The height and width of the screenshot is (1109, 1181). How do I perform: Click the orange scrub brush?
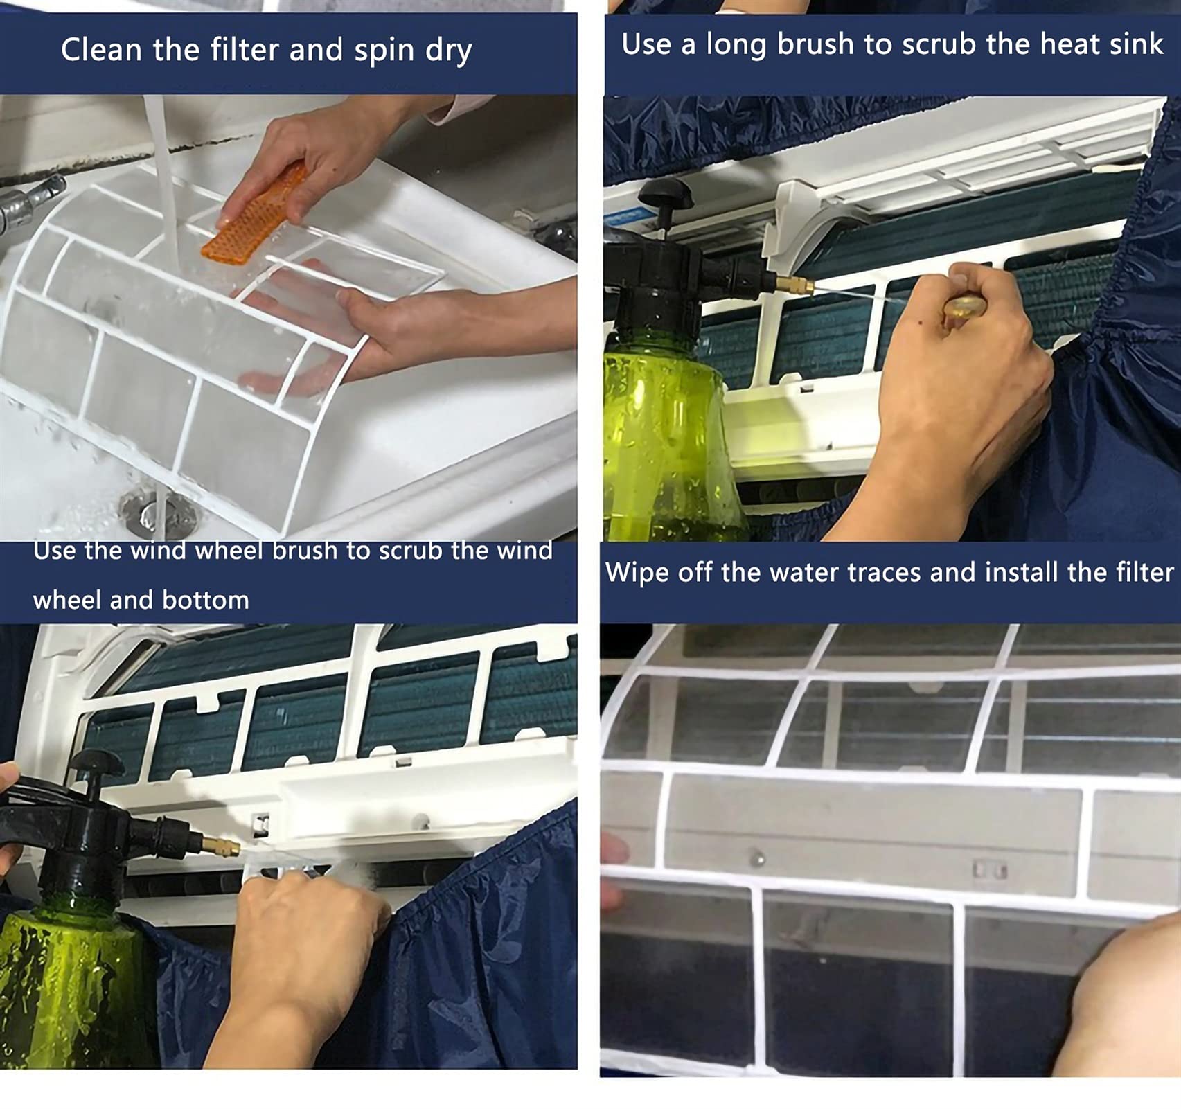click(x=256, y=213)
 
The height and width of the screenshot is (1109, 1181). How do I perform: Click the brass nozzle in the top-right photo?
click(x=795, y=283)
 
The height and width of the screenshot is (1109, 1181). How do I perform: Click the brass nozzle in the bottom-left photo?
click(x=220, y=846)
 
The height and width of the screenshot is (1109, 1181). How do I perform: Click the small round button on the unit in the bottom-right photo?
click(x=757, y=860)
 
